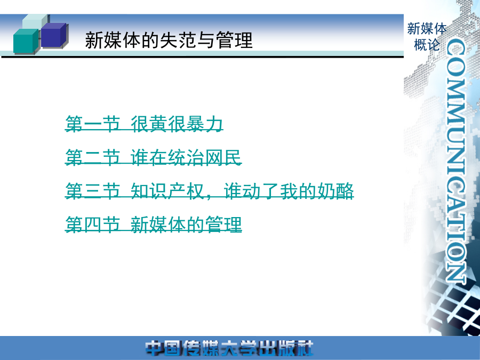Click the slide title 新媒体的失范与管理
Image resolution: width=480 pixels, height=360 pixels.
click(x=169, y=40)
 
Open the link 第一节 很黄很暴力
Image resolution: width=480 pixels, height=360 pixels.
click(x=144, y=124)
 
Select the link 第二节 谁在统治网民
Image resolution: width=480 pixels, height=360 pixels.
click(x=154, y=157)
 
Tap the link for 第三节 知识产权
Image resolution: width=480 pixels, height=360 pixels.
click(x=210, y=191)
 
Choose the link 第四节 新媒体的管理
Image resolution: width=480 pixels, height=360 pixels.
click(x=154, y=225)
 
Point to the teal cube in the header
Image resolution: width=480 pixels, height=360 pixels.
click(x=26, y=41)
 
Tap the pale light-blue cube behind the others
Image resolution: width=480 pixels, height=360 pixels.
click(x=34, y=21)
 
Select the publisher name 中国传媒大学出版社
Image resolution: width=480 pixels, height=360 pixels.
click(x=229, y=348)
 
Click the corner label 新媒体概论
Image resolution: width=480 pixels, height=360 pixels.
click(x=427, y=37)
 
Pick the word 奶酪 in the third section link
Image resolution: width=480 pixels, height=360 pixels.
click(x=335, y=191)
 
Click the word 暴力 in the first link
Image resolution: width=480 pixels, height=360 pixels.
click(x=205, y=124)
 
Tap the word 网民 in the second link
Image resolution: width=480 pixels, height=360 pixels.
click(x=223, y=157)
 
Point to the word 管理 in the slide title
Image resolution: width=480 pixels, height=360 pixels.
click(x=234, y=40)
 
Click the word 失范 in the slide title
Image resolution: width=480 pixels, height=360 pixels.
click(x=178, y=40)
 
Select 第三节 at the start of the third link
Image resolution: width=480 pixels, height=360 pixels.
click(x=92, y=191)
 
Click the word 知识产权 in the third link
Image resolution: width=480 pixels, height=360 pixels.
click(x=167, y=191)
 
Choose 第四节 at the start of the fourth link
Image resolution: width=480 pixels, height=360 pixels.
click(x=92, y=225)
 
